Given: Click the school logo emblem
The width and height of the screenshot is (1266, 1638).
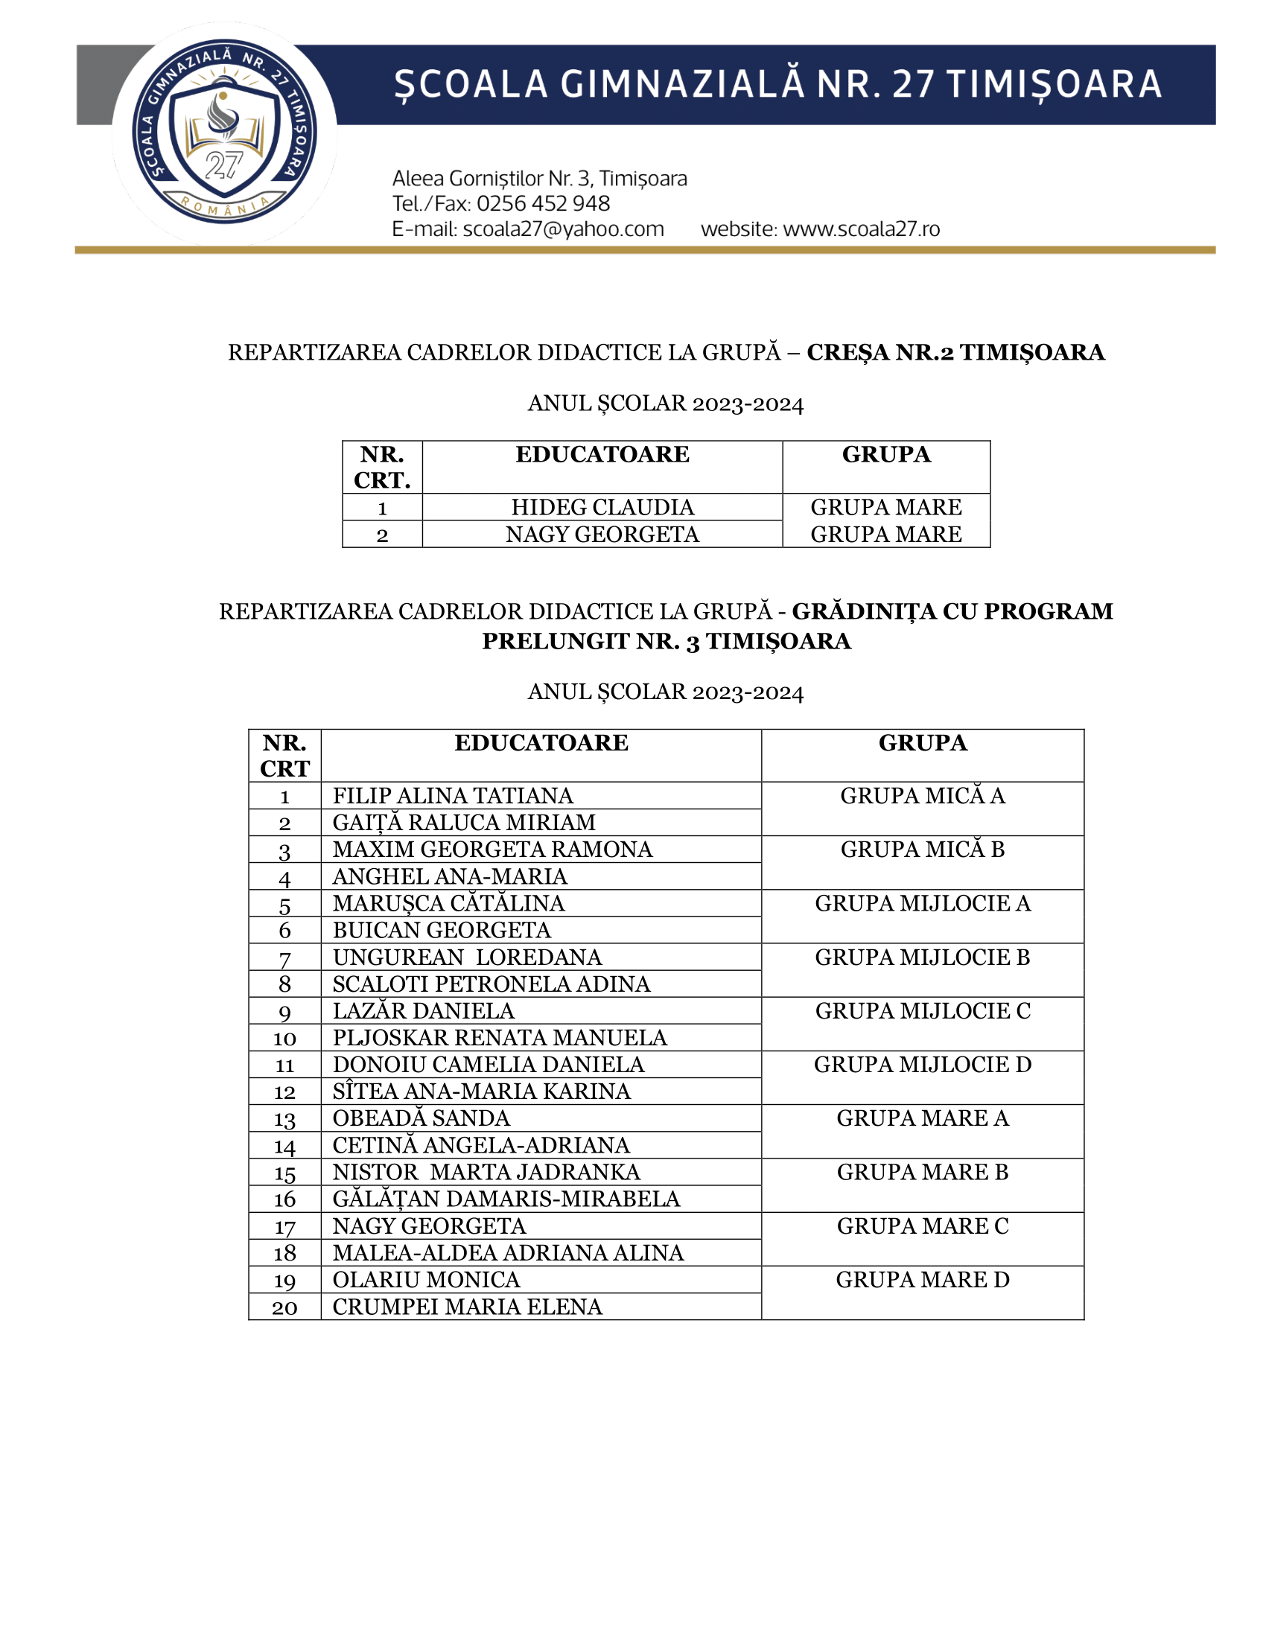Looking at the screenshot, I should coord(223,133).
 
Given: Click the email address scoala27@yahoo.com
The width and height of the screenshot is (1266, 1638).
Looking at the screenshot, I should coord(562,229).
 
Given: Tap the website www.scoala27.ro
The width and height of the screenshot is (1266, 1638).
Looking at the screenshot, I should coord(861,229).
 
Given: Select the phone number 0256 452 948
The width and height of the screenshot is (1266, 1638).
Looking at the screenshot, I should coord(543,204).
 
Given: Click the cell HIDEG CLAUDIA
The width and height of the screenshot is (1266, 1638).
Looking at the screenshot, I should coord(602,508).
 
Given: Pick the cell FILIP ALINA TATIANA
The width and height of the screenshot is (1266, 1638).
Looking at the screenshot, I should coord(452,796).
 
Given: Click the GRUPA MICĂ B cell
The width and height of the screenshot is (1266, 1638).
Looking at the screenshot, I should coord(922,850).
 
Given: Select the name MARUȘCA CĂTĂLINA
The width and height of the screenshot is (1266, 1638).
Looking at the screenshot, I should coord(448,904).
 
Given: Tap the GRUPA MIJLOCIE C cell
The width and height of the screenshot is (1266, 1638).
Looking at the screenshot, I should coord(922,1012).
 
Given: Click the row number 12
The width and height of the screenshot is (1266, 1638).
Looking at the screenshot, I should coord(284,1093).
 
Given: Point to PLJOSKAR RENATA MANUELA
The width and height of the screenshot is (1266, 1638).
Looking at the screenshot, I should coord(500,1038).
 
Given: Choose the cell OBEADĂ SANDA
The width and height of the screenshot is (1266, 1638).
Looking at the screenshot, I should coord(421,1119).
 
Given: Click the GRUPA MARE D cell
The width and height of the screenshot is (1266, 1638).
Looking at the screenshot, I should coord(922,1281).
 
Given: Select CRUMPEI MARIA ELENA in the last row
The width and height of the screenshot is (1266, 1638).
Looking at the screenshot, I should coord(467,1307).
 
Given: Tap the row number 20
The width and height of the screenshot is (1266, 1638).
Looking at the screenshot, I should coord(284,1308).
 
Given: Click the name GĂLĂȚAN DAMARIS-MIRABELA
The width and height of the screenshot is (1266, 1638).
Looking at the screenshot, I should coord(506,1199).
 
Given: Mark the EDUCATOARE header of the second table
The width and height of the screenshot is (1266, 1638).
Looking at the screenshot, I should coord(541,743).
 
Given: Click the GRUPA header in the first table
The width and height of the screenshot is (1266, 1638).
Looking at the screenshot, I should coord(885,454).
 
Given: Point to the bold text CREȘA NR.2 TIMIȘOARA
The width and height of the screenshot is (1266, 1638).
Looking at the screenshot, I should coord(955,352).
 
